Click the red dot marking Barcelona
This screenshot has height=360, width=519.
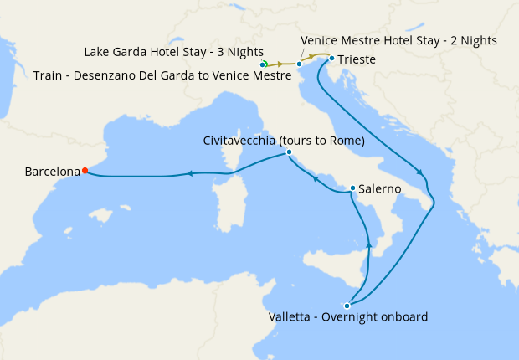(85, 171)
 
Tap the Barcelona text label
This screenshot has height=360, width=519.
(52, 172)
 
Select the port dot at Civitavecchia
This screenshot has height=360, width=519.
(289, 152)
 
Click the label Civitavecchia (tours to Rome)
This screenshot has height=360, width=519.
(284, 141)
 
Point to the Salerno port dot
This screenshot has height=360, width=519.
(352, 188)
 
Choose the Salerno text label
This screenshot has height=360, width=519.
(379, 190)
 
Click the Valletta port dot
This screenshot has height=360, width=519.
(347, 306)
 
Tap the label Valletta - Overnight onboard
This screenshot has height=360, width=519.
(348, 317)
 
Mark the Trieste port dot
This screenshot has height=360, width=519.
(331, 59)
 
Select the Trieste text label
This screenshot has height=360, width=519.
(357, 59)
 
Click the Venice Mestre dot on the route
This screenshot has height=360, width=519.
(299, 64)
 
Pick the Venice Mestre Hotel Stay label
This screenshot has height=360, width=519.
(398, 40)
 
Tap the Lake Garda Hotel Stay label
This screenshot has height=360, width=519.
(174, 52)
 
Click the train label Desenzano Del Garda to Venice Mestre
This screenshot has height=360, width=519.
(162, 75)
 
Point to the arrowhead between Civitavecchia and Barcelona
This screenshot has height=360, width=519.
(191, 173)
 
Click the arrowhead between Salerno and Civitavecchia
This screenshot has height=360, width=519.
(315, 177)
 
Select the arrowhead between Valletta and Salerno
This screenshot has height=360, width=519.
(369, 244)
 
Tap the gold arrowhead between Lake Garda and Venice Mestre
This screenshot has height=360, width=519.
(280, 64)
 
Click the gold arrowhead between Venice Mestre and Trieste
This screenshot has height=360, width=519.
(316, 57)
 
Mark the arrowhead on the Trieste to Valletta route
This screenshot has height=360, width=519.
(423, 174)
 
